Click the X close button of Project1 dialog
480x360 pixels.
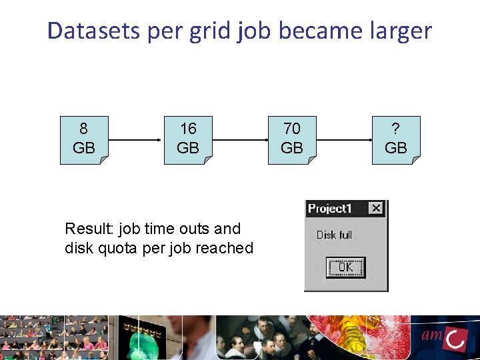pyautogui.click(x=376, y=209)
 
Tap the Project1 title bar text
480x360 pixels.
pyautogui.click(x=329, y=209)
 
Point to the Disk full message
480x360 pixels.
pyautogui.click(x=334, y=235)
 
